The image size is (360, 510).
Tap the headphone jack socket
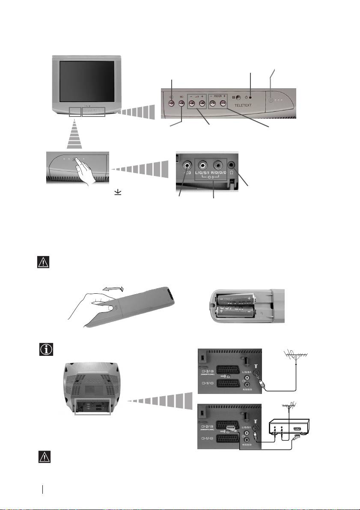232,164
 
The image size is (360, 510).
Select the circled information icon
44,349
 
